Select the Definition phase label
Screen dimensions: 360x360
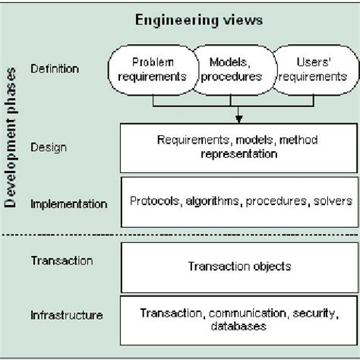(x=55, y=69)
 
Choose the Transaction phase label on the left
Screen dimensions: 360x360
(x=62, y=261)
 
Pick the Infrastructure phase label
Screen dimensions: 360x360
(x=67, y=314)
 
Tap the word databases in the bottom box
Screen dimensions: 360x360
(x=239, y=327)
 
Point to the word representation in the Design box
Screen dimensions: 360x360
(x=239, y=153)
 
